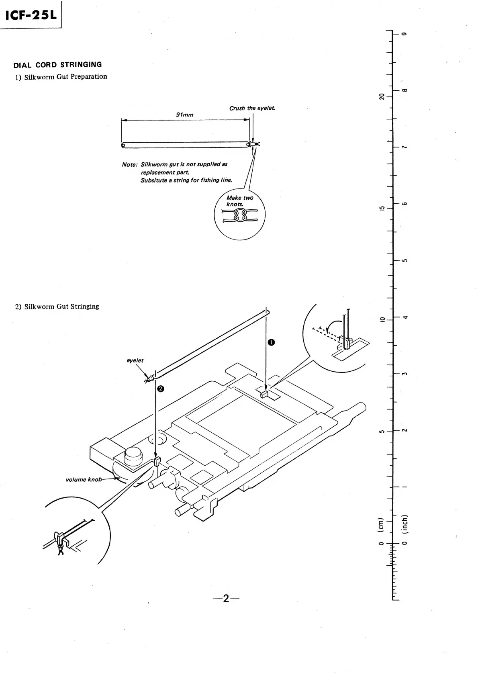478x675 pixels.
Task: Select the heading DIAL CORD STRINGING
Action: pos(58,65)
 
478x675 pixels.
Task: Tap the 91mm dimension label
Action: pos(185,115)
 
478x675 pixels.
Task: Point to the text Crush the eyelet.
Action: pos(252,108)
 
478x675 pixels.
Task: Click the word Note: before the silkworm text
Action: pos(130,165)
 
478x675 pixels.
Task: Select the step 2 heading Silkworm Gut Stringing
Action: pos(61,307)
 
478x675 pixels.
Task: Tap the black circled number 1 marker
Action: pos(272,342)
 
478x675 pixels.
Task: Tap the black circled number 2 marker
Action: pos(160,389)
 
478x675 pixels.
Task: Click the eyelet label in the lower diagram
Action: pos(135,360)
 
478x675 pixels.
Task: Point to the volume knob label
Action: pos(84,479)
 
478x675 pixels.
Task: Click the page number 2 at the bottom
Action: pos(226,599)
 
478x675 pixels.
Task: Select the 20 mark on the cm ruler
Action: pos(382,96)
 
